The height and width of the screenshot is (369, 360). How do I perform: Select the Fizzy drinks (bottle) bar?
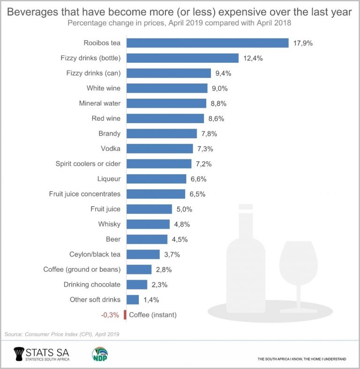[183, 58]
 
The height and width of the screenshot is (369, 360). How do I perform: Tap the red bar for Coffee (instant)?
[125, 315]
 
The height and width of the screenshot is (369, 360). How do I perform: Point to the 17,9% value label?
[302, 43]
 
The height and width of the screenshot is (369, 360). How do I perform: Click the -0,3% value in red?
[110, 315]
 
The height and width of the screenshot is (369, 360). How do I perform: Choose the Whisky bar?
[148, 224]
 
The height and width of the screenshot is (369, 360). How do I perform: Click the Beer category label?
[113, 239]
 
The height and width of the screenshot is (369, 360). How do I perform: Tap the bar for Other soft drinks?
[132, 300]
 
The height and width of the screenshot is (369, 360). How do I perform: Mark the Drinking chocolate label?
[92, 285]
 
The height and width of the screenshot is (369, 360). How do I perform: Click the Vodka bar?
[159, 148]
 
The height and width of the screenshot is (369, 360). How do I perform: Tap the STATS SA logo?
[43, 353]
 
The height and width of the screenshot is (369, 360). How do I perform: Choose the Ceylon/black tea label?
[95, 254]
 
